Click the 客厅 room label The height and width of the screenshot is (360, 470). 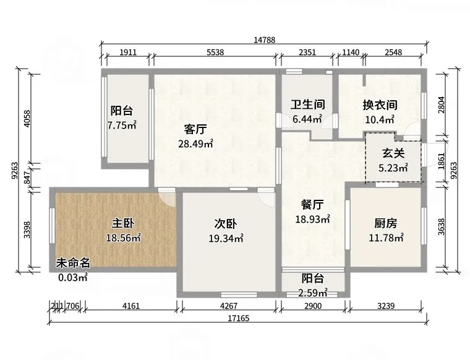pos(195,129)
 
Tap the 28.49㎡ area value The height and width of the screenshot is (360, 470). pos(196,144)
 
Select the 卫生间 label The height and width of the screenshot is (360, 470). pos(307,105)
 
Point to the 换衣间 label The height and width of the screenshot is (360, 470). pos(380,105)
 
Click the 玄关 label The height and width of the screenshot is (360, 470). pos(393,153)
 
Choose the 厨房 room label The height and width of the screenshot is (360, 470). pos(386,223)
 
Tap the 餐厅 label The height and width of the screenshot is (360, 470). pos(313,205)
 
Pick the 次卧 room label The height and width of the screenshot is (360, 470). pos(226,224)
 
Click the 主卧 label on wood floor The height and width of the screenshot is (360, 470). pos(123,223)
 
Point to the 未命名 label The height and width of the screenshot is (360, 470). pos(73,263)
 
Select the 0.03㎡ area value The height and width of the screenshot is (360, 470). pos(73,277)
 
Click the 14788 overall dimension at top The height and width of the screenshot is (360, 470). pos(265,40)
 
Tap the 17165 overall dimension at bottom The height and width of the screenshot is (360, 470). pos(238,318)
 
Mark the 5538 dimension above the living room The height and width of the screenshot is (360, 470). pos(215,53)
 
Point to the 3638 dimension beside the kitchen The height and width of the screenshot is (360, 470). pos(441,226)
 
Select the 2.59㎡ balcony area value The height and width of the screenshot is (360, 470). pos(313,293)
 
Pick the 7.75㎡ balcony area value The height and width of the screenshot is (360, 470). pos(122,125)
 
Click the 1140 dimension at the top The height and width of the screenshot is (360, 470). pos(351,53)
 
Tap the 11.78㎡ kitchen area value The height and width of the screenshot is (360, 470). pos(386,238)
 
